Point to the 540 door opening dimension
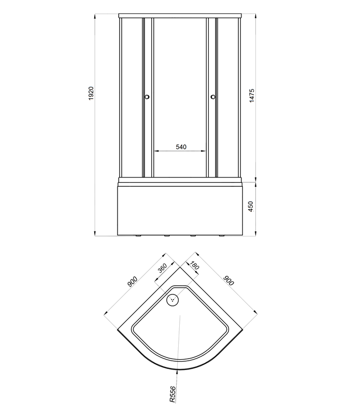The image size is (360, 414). (181, 147)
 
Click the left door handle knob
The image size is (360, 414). (147, 97)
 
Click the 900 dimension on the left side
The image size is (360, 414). (132, 282)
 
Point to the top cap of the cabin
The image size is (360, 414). (180, 16)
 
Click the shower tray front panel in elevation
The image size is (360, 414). (180, 212)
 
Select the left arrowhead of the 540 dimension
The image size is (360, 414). (156, 151)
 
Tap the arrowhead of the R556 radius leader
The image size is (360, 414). (178, 368)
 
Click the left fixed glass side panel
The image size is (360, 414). (131, 98)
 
